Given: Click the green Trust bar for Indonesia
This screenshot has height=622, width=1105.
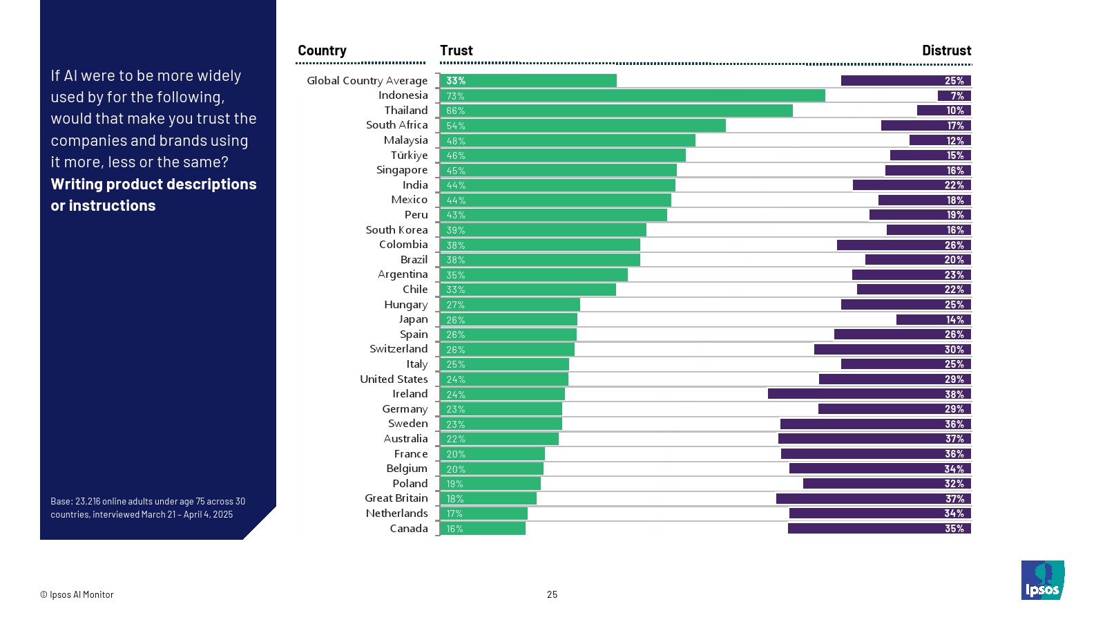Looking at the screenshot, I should click(632, 96).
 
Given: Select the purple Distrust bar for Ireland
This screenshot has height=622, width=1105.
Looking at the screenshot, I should click(869, 394).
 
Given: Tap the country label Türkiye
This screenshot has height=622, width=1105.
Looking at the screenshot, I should click(409, 155).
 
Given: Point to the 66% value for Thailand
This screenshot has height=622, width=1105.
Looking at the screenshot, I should click(456, 111).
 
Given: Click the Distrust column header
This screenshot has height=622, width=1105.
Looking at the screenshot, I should click(946, 50).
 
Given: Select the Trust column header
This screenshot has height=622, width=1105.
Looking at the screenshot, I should click(457, 50).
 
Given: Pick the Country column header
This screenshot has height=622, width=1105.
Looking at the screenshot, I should click(322, 50).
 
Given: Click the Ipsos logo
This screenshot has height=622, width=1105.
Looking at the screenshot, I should click(1042, 580).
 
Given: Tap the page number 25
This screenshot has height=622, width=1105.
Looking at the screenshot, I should click(552, 594).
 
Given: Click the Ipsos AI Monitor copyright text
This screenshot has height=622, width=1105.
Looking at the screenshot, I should click(77, 594).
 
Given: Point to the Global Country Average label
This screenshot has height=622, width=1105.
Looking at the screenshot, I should click(367, 81).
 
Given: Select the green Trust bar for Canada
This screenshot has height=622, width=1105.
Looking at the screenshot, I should click(482, 529).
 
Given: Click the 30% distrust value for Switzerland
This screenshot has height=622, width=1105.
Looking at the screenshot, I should click(954, 350).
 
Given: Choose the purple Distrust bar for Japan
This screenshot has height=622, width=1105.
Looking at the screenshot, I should click(934, 319).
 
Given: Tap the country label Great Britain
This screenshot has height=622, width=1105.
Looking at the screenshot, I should click(396, 498).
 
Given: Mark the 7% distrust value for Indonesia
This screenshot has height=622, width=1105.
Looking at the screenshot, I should click(957, 96).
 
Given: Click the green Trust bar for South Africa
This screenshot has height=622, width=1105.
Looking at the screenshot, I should click(582, 126).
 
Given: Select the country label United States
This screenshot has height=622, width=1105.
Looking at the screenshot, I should click(394, 379).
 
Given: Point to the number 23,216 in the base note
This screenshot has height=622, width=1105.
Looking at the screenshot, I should click(88, 502).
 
